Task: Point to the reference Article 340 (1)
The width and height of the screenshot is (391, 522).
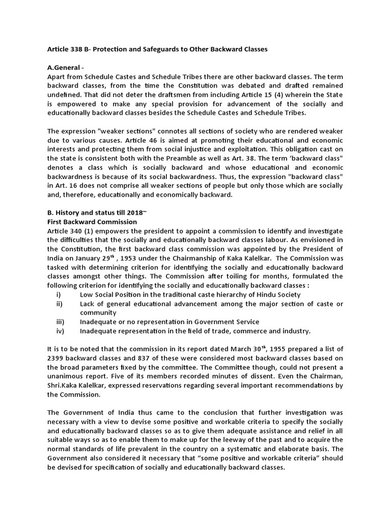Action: pyautogui.click(x=71, y=231)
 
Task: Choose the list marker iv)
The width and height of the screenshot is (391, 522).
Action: pyautogui.click(x=60, y=331)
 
